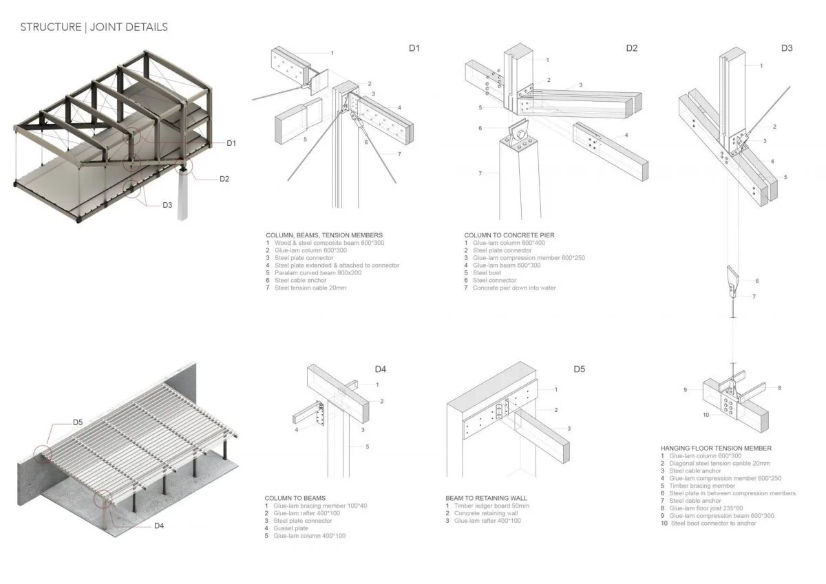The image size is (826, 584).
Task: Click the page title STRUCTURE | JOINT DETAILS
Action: coord(94,28)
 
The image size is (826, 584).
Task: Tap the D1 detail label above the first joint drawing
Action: coord(414,48)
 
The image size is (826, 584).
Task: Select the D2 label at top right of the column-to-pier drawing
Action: coord(631,48)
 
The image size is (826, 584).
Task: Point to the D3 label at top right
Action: coord(787,48)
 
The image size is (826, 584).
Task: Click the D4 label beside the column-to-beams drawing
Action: coord(381,369)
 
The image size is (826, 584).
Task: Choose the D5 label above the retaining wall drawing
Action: coord(579,369)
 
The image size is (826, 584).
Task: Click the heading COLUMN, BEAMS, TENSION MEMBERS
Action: coord(324,235)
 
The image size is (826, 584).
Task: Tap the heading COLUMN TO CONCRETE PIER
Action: coord(509,235)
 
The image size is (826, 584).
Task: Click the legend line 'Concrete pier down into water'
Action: coord(513,288)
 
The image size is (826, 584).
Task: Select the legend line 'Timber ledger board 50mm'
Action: coord(491,506)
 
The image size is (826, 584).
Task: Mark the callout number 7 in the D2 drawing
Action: coord(480,173)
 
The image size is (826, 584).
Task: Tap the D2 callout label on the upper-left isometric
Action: coord(224,179)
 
